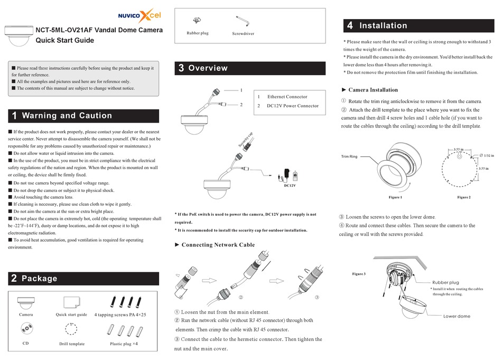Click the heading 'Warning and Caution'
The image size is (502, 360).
[67, 116]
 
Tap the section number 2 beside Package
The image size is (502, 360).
[14, 279]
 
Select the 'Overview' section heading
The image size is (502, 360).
[208, 68]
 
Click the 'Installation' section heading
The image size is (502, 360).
[383, 25]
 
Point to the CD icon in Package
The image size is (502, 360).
[26, 329]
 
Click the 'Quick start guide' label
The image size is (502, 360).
[71, 315]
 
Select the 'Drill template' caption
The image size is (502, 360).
[72, 344]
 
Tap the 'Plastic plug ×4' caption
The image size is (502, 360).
[124, 344]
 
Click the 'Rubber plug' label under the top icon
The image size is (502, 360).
[198, 33]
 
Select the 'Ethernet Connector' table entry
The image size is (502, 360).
[287, 97]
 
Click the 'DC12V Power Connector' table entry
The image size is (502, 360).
[293, 106]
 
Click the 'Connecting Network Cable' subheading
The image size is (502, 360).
[218, 245]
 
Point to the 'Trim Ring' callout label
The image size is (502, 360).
[349, 156]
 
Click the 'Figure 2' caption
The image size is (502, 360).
[463, 197]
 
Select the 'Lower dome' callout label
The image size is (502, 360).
[457, 316]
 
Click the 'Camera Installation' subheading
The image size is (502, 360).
[373, 90]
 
